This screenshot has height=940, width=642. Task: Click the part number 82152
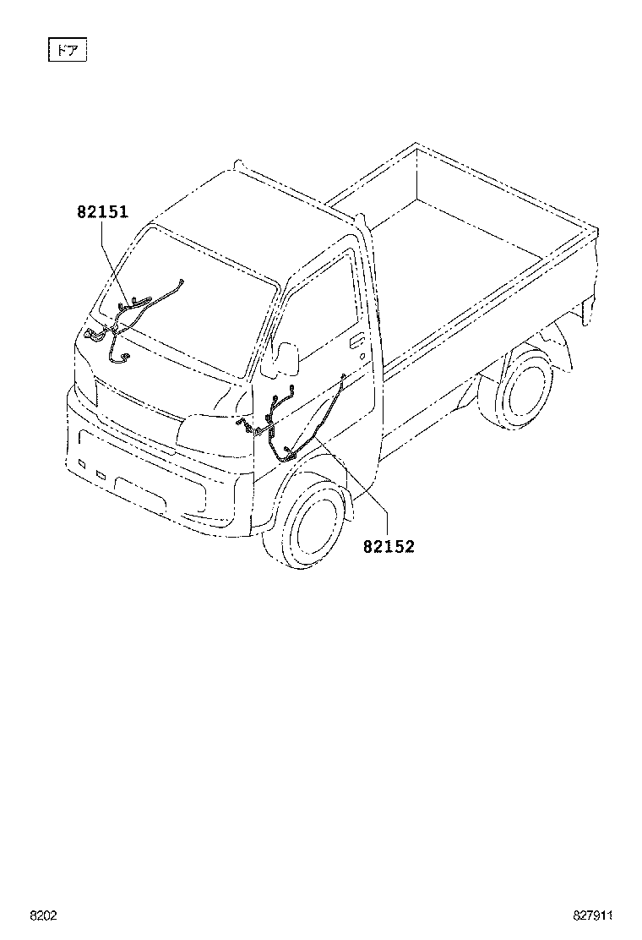click(389, 546)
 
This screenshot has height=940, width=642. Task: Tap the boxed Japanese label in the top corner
click(67, 51)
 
